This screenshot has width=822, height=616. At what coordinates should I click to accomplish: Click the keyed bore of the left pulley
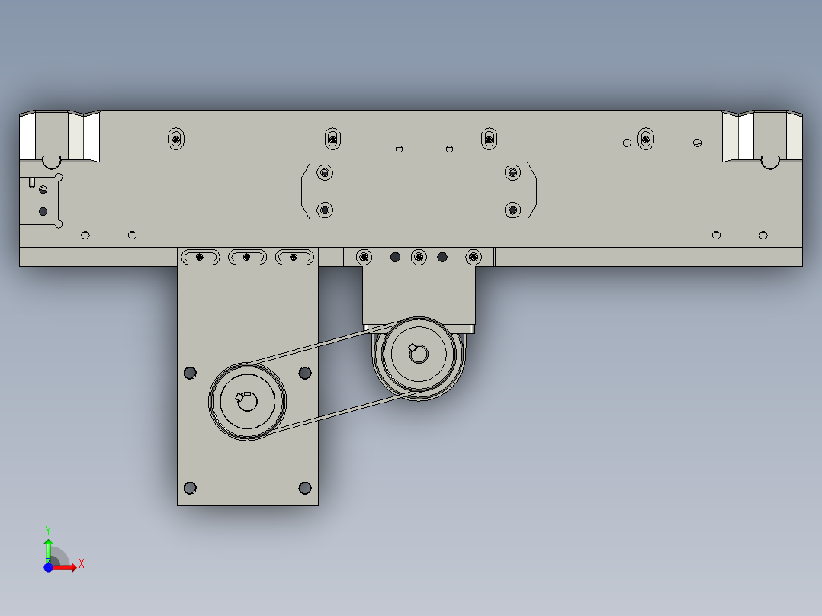(x=247, y=402)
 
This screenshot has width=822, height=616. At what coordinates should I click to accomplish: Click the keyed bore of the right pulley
(x=418, y=354)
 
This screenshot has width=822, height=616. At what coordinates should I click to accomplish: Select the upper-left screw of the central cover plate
(x=325, y=172)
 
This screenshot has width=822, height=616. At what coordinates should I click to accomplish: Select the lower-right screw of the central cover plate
(x=512, y=210)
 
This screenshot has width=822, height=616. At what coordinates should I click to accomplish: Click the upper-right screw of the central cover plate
(x=512, y=172)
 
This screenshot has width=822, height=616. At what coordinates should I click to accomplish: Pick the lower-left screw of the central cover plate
(x=325, y=210)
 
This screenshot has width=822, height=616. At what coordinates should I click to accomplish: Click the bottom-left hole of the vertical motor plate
(x=191, y=488)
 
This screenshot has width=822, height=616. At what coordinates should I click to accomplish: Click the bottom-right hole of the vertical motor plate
(x=305, y=488)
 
